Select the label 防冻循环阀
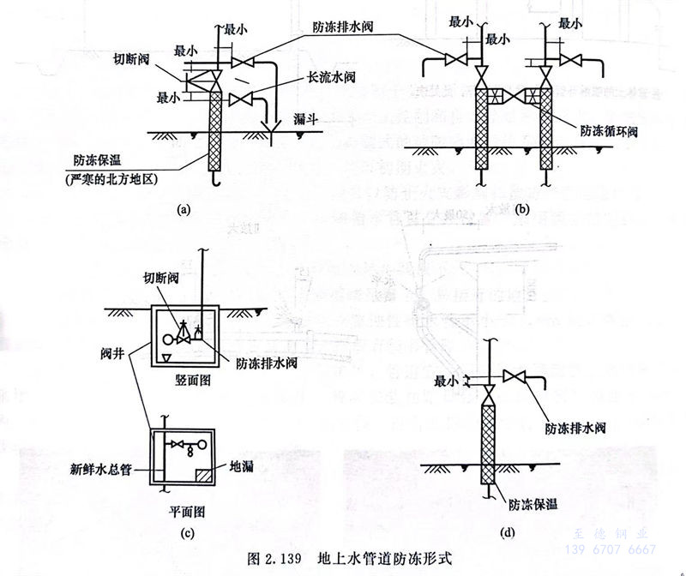click(x=605, y=130)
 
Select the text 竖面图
click(x=190, y=378)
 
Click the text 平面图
click(x=185, y=507)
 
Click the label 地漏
click(x=240, y=468)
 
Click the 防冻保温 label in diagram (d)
click(x=534, y=505)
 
